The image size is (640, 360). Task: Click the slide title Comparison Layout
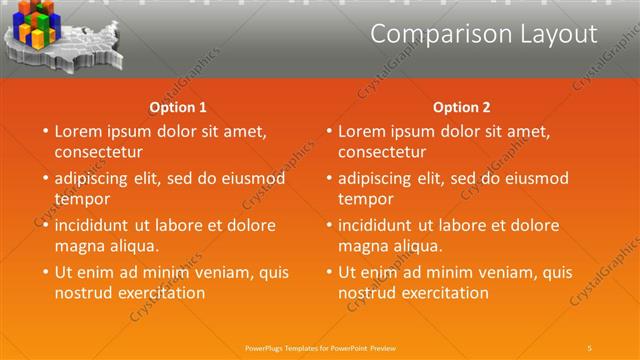483,34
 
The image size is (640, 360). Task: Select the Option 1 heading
178,107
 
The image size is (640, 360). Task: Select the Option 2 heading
462,107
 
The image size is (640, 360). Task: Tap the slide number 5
590,347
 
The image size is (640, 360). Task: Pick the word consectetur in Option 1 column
98,152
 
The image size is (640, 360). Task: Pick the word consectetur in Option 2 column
382,152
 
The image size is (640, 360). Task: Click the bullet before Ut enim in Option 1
43,272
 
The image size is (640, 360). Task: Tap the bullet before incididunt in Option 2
327,225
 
